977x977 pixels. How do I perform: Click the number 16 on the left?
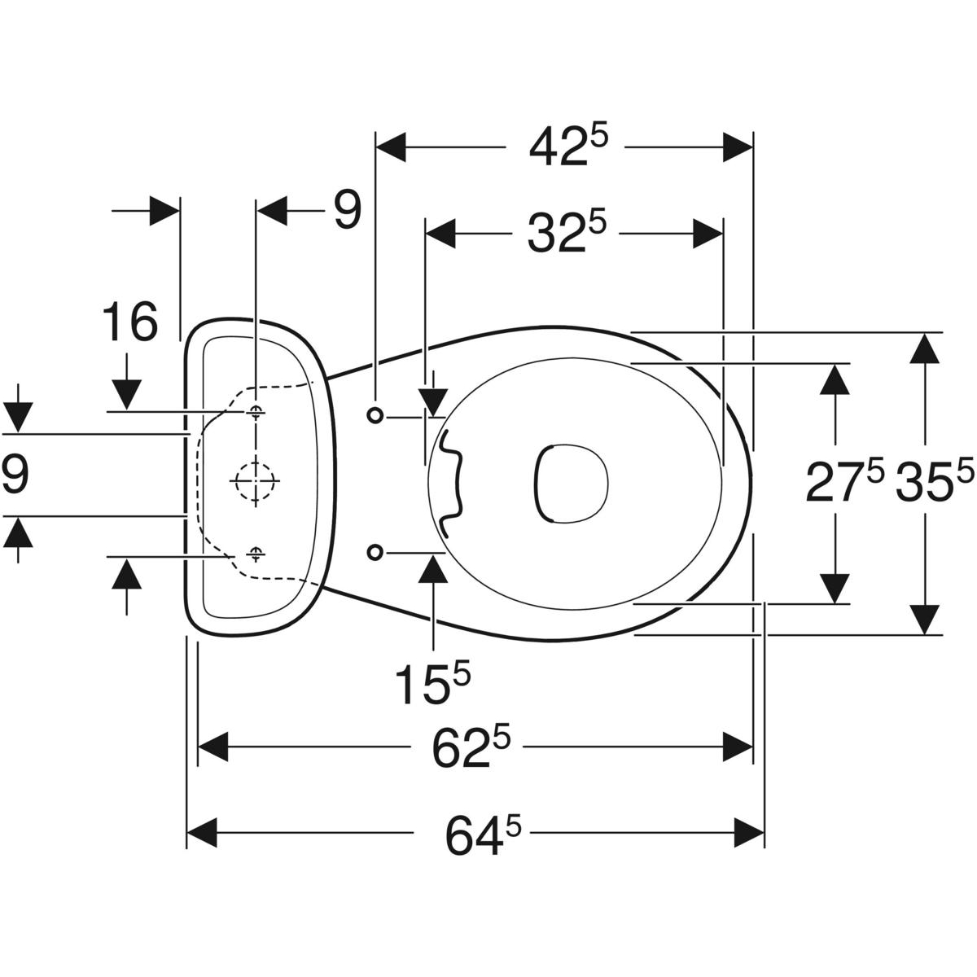129,322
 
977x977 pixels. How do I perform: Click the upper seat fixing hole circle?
375,415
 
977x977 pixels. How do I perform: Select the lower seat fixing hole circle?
375,553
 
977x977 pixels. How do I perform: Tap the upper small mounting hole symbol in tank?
256,411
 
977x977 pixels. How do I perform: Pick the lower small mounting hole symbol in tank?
256,554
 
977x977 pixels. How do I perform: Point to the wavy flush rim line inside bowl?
449,484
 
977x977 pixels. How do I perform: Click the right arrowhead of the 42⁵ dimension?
738,147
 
